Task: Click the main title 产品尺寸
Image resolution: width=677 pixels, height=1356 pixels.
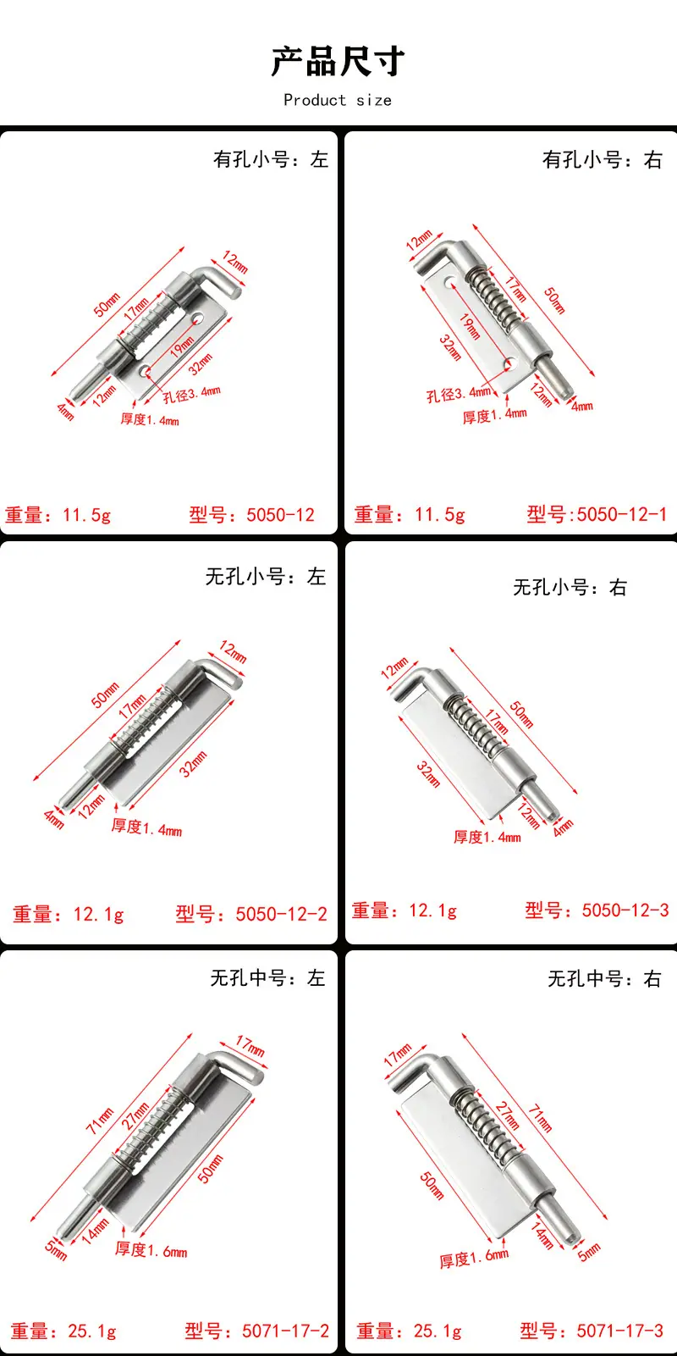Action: tap(338, 61)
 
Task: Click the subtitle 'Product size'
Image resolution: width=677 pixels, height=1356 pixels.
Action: tap(338, 100)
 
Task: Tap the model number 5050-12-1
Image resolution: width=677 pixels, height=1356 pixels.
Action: tap(621, 515)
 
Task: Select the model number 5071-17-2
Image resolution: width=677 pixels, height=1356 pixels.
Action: tap(285, 1331)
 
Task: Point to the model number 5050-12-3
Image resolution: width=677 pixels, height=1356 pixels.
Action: tap(625, 910)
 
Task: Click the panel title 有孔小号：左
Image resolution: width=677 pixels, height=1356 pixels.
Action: tap(271, 159)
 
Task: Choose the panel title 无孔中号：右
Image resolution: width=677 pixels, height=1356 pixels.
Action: tap(603, 978)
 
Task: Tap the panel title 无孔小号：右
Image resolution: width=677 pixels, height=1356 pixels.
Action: tap(570, 587)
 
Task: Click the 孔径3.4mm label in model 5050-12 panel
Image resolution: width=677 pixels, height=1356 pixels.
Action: tap(191, 394)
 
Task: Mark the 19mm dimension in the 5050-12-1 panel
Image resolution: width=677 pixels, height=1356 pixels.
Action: tap(470, 326)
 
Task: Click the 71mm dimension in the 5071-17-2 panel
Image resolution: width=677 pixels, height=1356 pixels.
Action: tap(100, 1121)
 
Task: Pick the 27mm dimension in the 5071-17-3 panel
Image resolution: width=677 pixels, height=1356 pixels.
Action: tap(507, 1115)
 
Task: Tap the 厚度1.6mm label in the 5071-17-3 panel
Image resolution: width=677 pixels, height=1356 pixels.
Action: tap(474, 1259)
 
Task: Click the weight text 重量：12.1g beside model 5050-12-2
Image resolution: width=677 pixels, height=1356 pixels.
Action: tap(69, 914)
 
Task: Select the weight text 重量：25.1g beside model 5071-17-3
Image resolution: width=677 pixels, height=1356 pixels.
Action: tap(409, 1331)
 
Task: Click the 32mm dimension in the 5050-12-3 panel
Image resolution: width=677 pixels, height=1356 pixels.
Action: tap(427, 774)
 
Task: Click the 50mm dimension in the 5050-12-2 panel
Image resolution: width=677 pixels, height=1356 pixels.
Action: tap(105, 695)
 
